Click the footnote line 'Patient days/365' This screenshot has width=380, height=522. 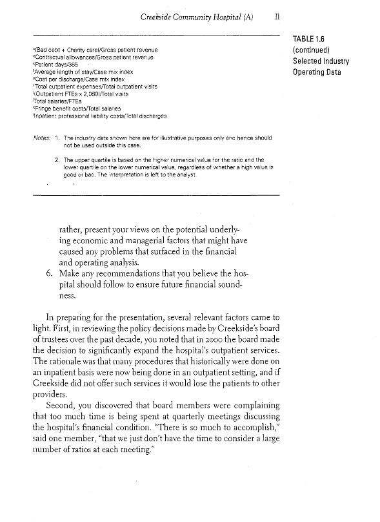tap(55, 66)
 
